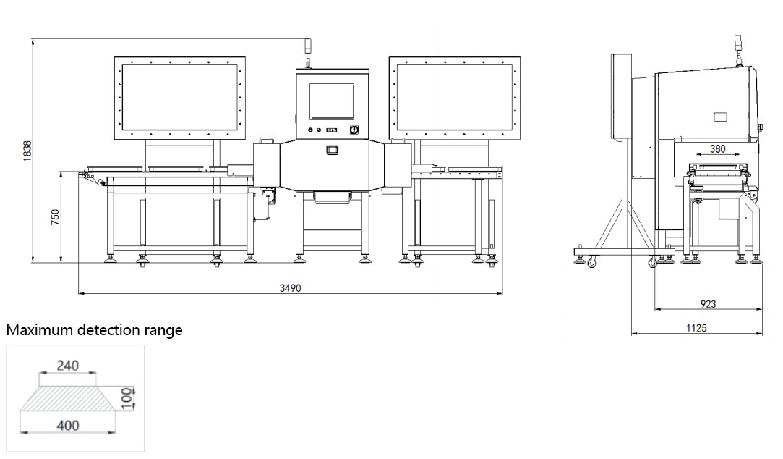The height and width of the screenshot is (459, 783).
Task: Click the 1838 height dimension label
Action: (27, 151)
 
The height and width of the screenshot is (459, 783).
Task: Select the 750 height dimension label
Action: (55, 216)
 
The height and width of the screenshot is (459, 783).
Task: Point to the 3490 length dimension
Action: (290, 288)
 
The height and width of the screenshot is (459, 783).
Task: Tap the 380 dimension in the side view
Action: (718, 148)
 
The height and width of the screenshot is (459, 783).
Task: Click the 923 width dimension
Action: (708, 303)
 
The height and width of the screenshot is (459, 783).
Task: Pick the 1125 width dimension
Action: (697, 327)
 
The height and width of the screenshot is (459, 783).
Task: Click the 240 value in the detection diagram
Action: (67, 366)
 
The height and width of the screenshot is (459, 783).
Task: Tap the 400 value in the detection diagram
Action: (67, 426)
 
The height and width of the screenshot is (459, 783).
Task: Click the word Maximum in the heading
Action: (38, 330)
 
